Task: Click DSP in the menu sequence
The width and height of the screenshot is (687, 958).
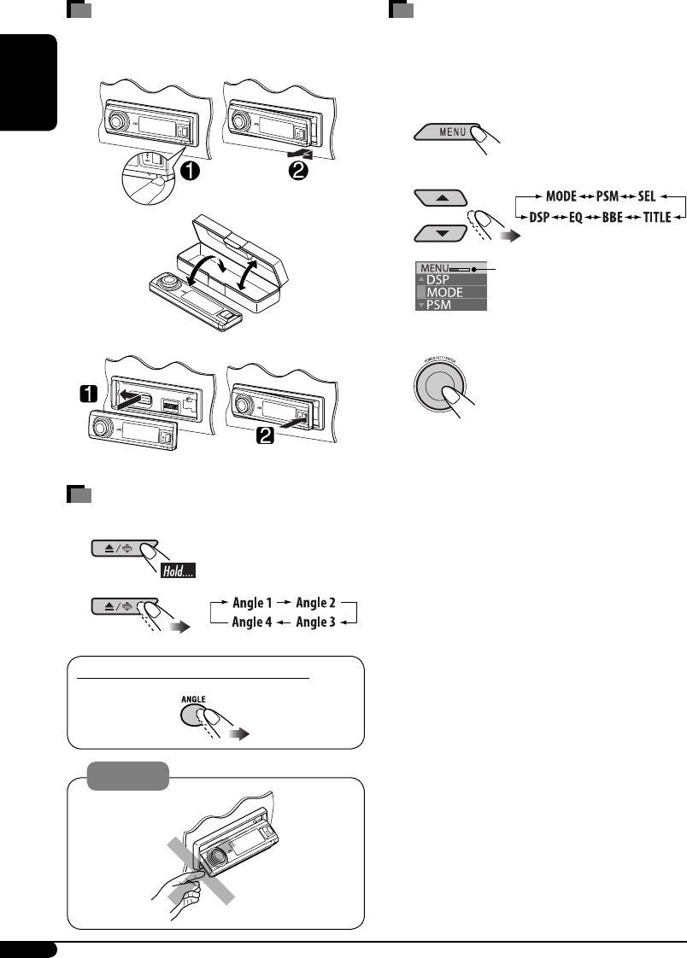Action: tap(540, 218)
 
